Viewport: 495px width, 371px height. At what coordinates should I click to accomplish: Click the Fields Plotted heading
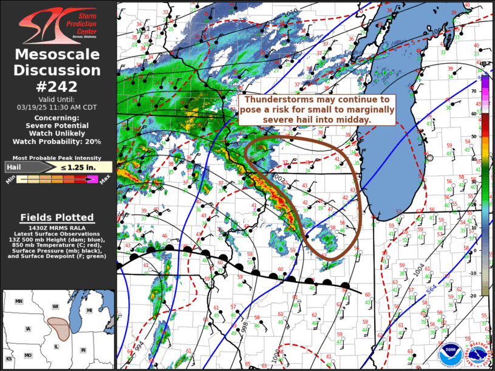pyautogui.click(x=57, y=217)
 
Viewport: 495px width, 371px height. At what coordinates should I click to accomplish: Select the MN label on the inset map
pyautogui.click(x=19, y=302)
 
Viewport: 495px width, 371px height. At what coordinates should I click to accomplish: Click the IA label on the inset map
pyautogui.click(x=27, y=329)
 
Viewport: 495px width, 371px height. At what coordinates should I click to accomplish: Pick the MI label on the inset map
pyautogui.click(x=89, y=311)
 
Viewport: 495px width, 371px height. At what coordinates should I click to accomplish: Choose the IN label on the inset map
pyautogui.click(x=83, y=350)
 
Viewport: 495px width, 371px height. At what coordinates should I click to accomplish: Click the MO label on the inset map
pyautogui.click(x=27, y=355)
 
